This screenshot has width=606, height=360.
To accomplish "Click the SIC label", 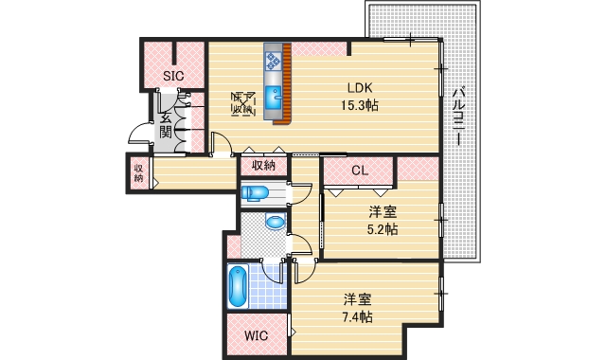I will [172, 76].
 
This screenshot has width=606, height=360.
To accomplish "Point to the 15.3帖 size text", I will [361, 105].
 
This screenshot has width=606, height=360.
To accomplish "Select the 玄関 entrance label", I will [165, 124].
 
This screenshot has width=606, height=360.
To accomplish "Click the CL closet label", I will [359, 171].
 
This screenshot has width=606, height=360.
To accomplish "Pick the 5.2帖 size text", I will [382, 229].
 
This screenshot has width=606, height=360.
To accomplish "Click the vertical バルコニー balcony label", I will [457, 115].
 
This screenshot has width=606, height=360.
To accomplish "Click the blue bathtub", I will [238, 286].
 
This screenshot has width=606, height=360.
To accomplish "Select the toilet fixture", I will [256, 194].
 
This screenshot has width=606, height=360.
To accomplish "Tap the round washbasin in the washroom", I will [274, 225].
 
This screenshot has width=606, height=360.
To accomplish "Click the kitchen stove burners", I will [273, 61].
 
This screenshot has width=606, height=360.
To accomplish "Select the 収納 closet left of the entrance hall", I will [138, 172].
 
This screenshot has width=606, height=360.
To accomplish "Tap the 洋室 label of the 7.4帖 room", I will [357, 298].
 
